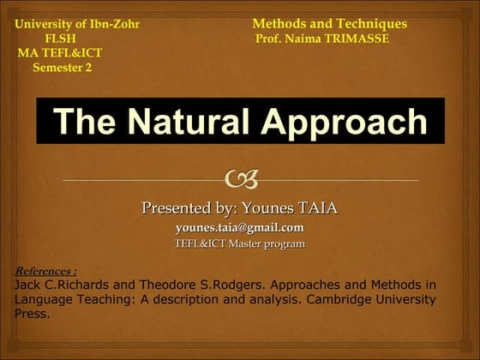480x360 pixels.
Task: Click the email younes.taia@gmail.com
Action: pyautogui.click(x=239, y=227)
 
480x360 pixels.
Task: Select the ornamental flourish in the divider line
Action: pyautogui.click(x=240, y=179)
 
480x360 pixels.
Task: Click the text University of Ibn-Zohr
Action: pyautogui.click(x=77, y=24)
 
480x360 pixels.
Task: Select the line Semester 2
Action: pyautogui.click(x=62, y=68)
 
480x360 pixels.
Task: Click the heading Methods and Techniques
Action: pyautogui.click(x=329, y=24)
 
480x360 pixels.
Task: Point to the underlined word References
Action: pyautogui.click(x=45, y=270)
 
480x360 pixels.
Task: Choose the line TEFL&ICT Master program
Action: pyautogui.click(x=239, y=244)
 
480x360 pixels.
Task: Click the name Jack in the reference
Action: pyautogui.click(x=28, y=284)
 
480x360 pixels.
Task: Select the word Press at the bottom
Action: pyautogui.click(x=32, y=314)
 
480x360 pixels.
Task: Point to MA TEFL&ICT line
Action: pyautogui.click(x=60, y=53)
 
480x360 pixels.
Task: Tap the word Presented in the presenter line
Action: pyautogui.click(x=177, y=207)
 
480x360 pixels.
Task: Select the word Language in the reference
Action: pyautogui.click(x=44, y=299)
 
